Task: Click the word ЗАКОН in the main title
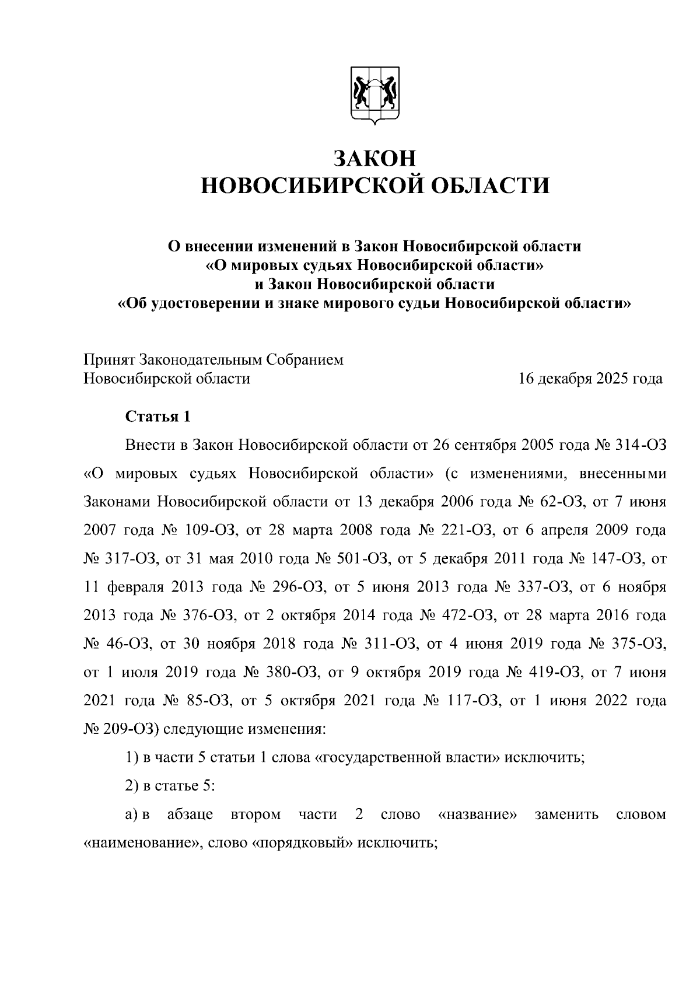coord(374,159)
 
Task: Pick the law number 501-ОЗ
coord(363,559)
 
